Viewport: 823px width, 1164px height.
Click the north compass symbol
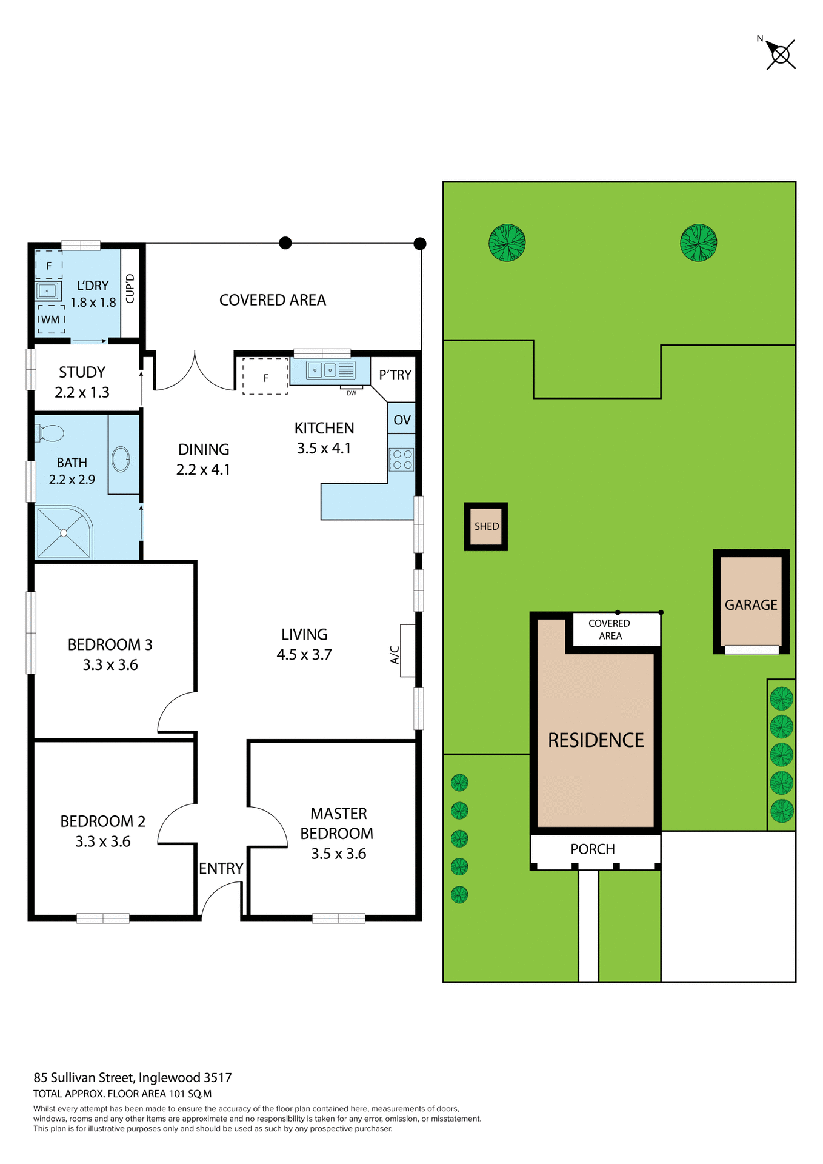pyautogui.click(x=781, y=55)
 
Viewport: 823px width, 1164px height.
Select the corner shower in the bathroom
pyautogui.click(x=63, y=532)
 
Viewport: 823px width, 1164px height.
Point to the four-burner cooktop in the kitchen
pyautogui.click(x=402, y=460)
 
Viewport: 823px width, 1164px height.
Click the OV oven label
pyautogui.click(x=402, y=420)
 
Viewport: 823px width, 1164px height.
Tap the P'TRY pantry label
pyautogui.click(x=395, y=375)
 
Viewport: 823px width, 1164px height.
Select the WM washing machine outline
pyautogui.click(x=51, y=319)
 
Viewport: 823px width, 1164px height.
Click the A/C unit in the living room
pyautogui.click(x=407, y=651)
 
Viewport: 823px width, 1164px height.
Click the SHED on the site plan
pyautogui.click(x=486, y=526)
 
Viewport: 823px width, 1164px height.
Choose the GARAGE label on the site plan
pyautogui.click(x=751, y=604)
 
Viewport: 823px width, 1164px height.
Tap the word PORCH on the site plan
pyautogui.click(x=593, y=849)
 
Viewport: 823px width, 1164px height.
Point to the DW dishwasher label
pyautogui.click(x=352, y=393)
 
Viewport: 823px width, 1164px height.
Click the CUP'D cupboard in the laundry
pyautogui.click(x=130, y=289)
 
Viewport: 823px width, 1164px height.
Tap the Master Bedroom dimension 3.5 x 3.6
pyautogui.click(x=338, y=854)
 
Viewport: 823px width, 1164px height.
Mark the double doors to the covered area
pyautogui.click(x=195, y=371)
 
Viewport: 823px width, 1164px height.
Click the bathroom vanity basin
pyautogui.click(x=121, y=459)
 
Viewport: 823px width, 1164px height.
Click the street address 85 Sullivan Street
pyautogui.click(x=132, y=1077)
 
